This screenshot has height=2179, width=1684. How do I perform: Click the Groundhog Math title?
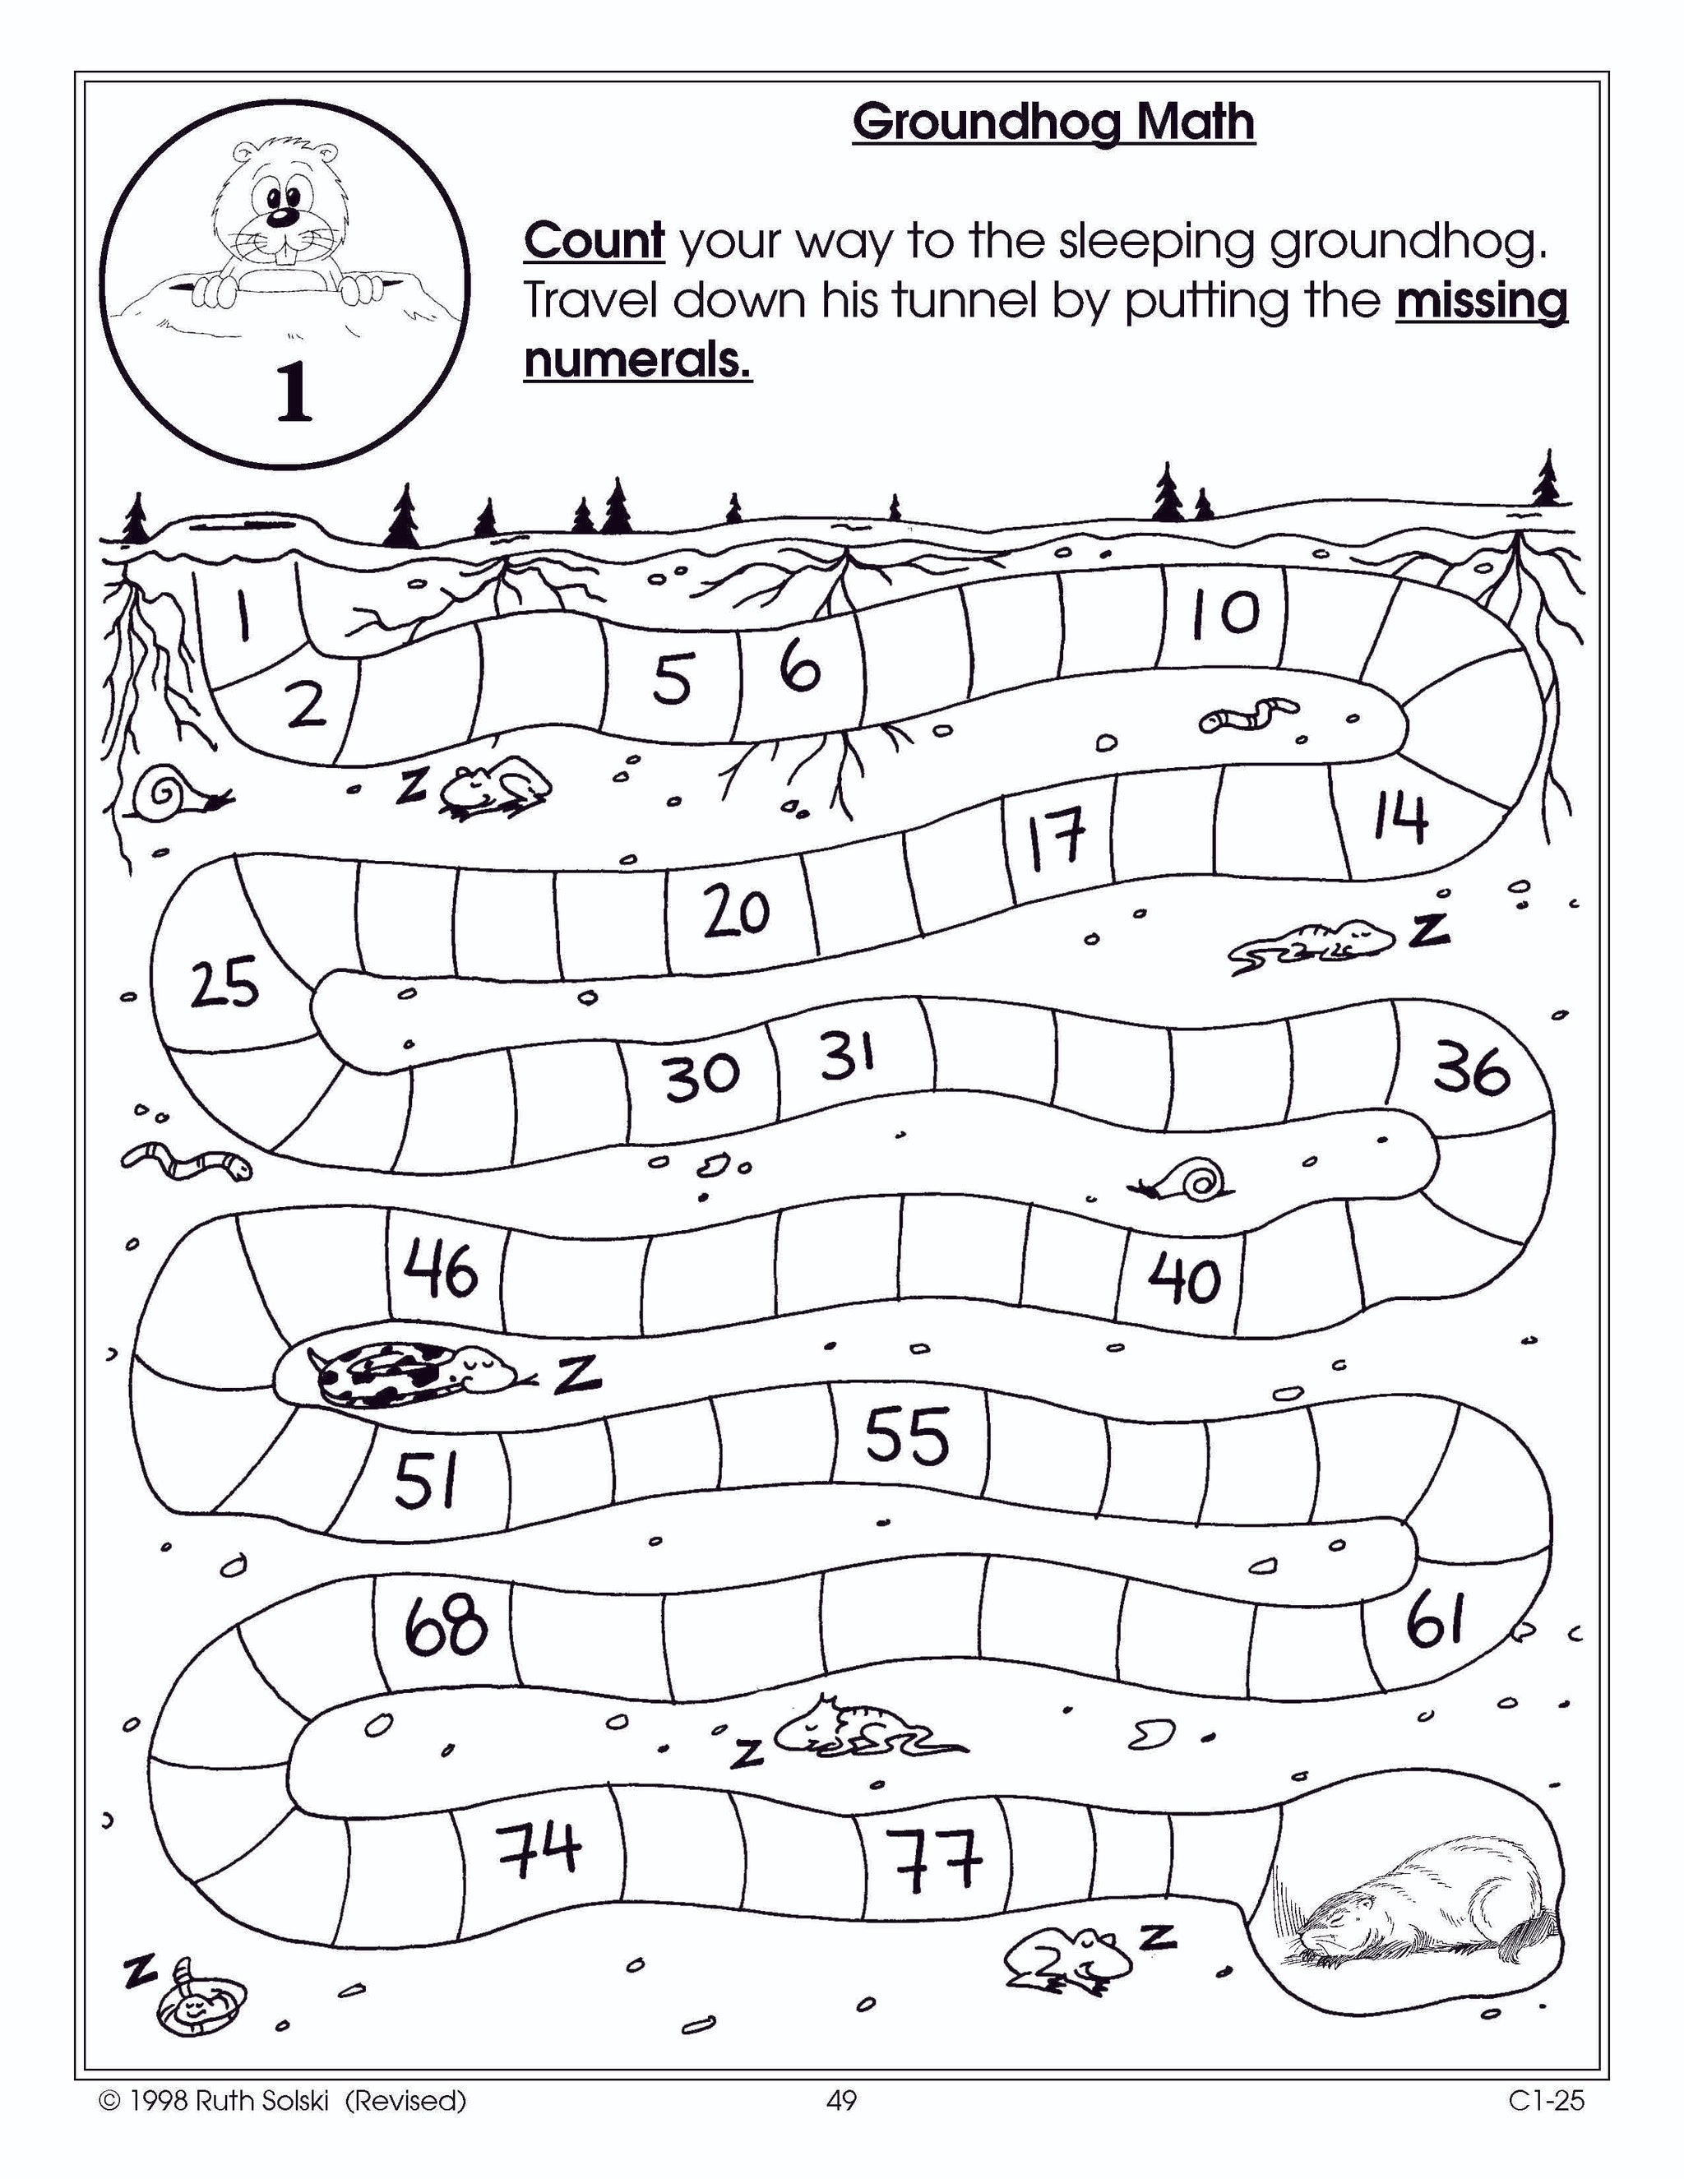[1052, 123]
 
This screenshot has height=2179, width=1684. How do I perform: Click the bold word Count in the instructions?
[594, 242]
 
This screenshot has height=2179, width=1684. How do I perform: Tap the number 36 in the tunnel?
[1473, 1070]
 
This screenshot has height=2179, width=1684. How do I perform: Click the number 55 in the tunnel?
[906, 1436]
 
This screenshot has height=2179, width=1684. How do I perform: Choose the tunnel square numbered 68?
[446, 1626]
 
